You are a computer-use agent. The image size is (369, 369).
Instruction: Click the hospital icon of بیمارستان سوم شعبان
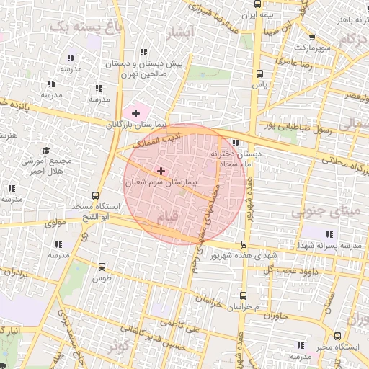pos(160,171)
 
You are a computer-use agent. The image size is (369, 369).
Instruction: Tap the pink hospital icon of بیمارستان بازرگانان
pos(135,112)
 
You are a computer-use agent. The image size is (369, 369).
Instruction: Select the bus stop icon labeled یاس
pos(259,73)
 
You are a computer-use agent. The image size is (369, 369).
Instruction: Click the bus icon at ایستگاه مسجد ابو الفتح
pos(96,195)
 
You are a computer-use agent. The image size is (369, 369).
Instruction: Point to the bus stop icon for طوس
pos(101,265)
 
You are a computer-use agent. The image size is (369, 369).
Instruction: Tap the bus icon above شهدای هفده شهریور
pos(244,244)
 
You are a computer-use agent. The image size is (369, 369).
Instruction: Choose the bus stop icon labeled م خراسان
pos(244,295)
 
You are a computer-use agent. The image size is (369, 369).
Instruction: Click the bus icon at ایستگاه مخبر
pos(338,335)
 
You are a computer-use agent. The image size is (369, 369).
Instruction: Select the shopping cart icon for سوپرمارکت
pos(311,37)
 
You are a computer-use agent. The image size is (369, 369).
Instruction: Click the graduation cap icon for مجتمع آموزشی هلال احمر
pos(47,151)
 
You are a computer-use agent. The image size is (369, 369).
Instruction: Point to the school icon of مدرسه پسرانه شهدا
pos(329,235)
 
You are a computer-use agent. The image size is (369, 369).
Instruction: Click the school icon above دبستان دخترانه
pos(236,143)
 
